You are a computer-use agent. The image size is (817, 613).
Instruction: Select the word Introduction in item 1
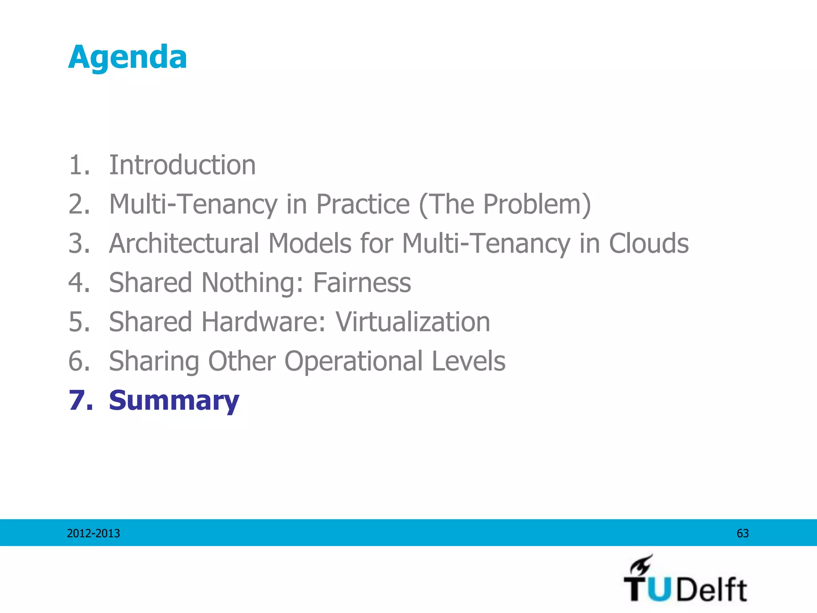tap(182, 165)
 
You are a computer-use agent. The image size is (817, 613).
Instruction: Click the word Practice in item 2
tap(363, 204)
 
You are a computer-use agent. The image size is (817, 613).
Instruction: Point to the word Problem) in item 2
tap(537, 204)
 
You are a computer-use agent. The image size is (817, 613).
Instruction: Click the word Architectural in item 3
tap(184, 243)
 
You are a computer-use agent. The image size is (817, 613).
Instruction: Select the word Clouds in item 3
tap(649, 243)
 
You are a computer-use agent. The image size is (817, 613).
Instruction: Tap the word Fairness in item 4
tap(362, 283)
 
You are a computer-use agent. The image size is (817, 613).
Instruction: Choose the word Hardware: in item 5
tap(264, 322)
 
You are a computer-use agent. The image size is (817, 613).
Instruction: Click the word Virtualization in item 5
tap(412, 322)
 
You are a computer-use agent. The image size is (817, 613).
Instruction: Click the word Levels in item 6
tap(469, 361)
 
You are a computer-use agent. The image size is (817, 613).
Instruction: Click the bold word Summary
tap(174, 401)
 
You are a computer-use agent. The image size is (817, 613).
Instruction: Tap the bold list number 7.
tap(80, 400)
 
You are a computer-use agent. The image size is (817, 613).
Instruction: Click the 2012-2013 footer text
tap(93, 534)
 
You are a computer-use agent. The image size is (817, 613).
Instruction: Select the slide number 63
tap(742, 534)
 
